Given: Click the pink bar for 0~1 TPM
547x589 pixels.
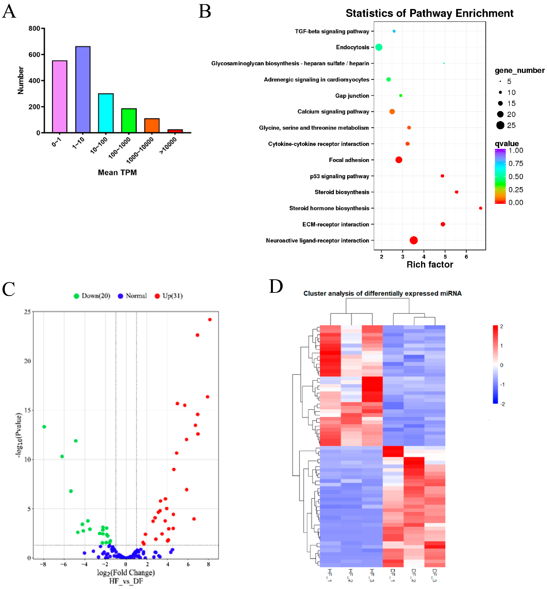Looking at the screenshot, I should (x=59, y=97).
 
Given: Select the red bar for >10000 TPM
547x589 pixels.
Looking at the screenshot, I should (x=175, y=131).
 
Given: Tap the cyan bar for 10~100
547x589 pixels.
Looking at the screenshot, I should (x=106, y=113).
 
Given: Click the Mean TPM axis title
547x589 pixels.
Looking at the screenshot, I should (x=117, y=172).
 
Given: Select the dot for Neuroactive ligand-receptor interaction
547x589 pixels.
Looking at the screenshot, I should (x=413, y=240).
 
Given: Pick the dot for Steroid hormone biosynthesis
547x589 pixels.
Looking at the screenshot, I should (x=480, y=208).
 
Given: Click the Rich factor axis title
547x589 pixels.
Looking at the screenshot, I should (x=430, y=264).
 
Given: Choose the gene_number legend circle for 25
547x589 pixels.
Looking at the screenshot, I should (x=500, y=125).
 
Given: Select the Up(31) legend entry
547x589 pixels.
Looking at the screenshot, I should (x=169, y=296).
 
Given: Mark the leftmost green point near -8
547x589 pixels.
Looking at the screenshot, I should (x=44, y=426).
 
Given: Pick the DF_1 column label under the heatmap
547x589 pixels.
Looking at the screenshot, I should (x=393, y=575).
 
